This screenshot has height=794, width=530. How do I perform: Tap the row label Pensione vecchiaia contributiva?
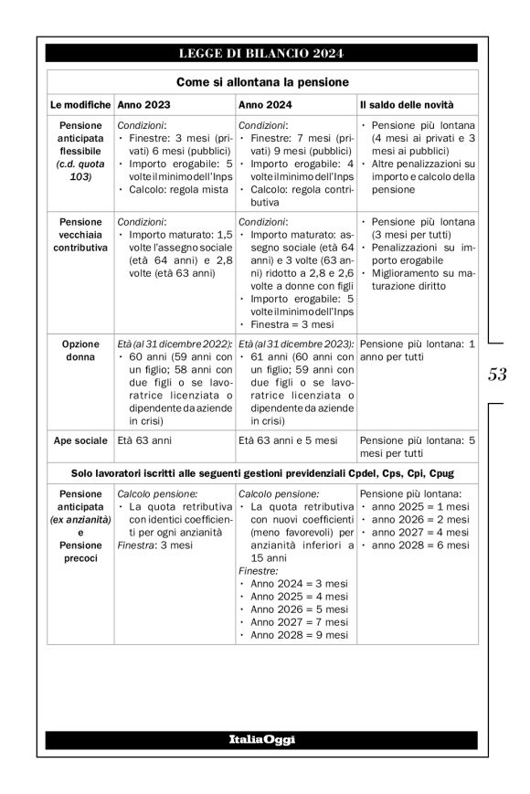[x=79, y=232]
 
